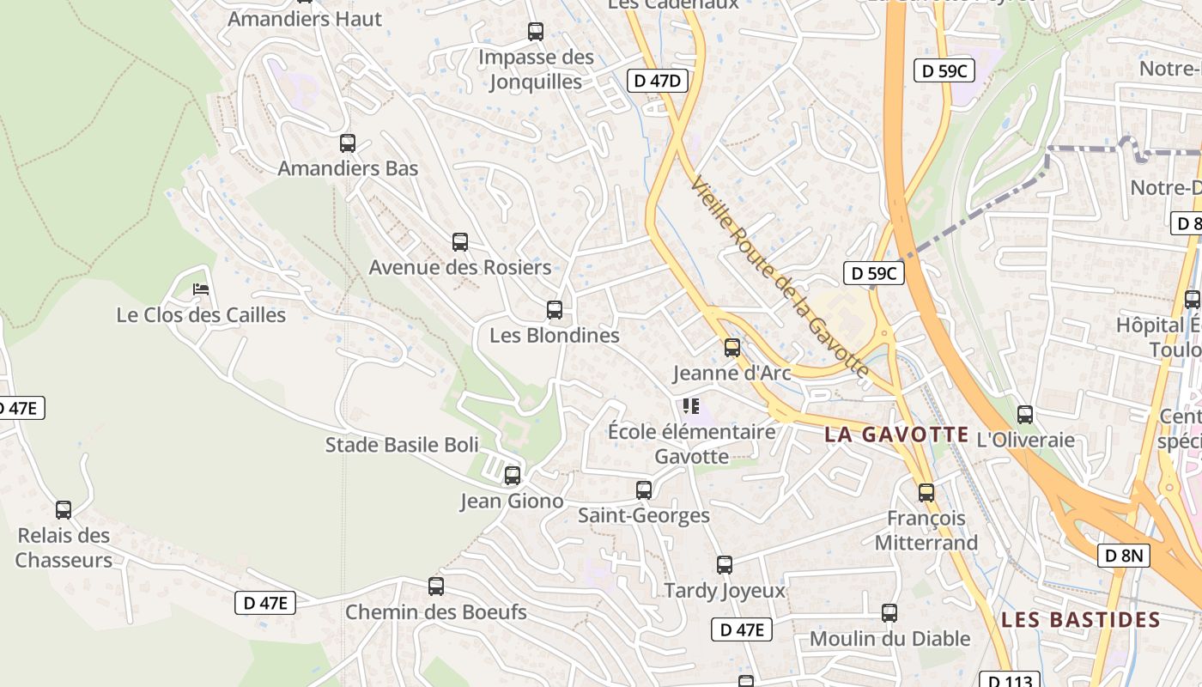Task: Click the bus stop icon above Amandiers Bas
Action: click(x=348, y=143)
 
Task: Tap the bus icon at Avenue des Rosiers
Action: click(x=460, y=242)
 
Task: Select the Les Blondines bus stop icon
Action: click(x=555, y=310)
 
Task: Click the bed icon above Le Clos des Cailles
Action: click(x=201, y=289)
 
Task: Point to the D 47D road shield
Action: click(x=659, y=81)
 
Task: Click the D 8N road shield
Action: click(x=1123, y=556)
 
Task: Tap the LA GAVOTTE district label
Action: click(x=896, y=435)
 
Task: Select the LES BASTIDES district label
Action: click(x=1081, y=619)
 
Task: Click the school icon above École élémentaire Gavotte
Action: click(x=691, y=405)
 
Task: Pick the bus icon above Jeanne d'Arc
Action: click(x=732, y=348)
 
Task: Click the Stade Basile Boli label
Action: click(x=402, y=445)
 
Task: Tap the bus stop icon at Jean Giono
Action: click(x=513, y=475)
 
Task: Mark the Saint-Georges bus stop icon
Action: click(x=644, y=490)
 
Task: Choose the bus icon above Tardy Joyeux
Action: click(x=725, y=565)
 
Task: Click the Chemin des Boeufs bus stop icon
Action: click(x=436, y=587)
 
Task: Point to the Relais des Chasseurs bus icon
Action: click(x=64, y=510)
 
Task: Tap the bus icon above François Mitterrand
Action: click(x=926, y=493)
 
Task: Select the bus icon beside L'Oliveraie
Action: click(x=1025, y=415)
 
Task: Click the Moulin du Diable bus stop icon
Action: click(x=889, y=613)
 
